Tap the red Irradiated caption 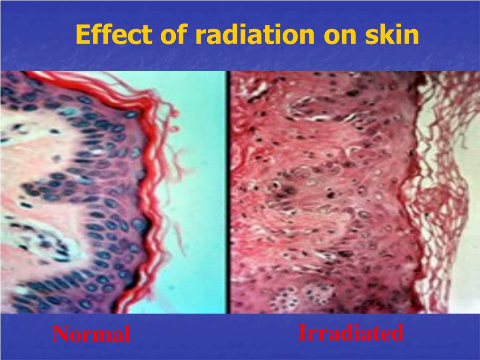click(x=351, y=333)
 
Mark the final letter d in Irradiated click(x=398, y=333)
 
